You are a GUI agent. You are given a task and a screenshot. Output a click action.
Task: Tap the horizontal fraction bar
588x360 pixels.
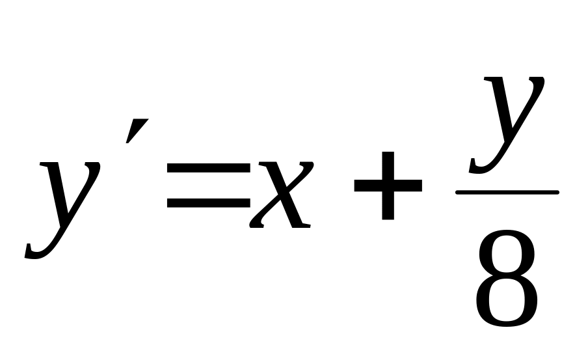(507, 192)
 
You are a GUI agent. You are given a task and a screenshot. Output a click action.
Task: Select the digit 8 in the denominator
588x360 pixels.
(507, 281)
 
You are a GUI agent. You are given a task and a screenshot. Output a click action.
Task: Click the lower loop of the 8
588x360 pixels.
(507, 302)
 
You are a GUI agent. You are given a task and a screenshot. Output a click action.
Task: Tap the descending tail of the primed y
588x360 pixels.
(39, 249)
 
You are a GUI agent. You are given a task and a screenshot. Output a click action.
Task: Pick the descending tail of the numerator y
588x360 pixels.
(481, 167)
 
